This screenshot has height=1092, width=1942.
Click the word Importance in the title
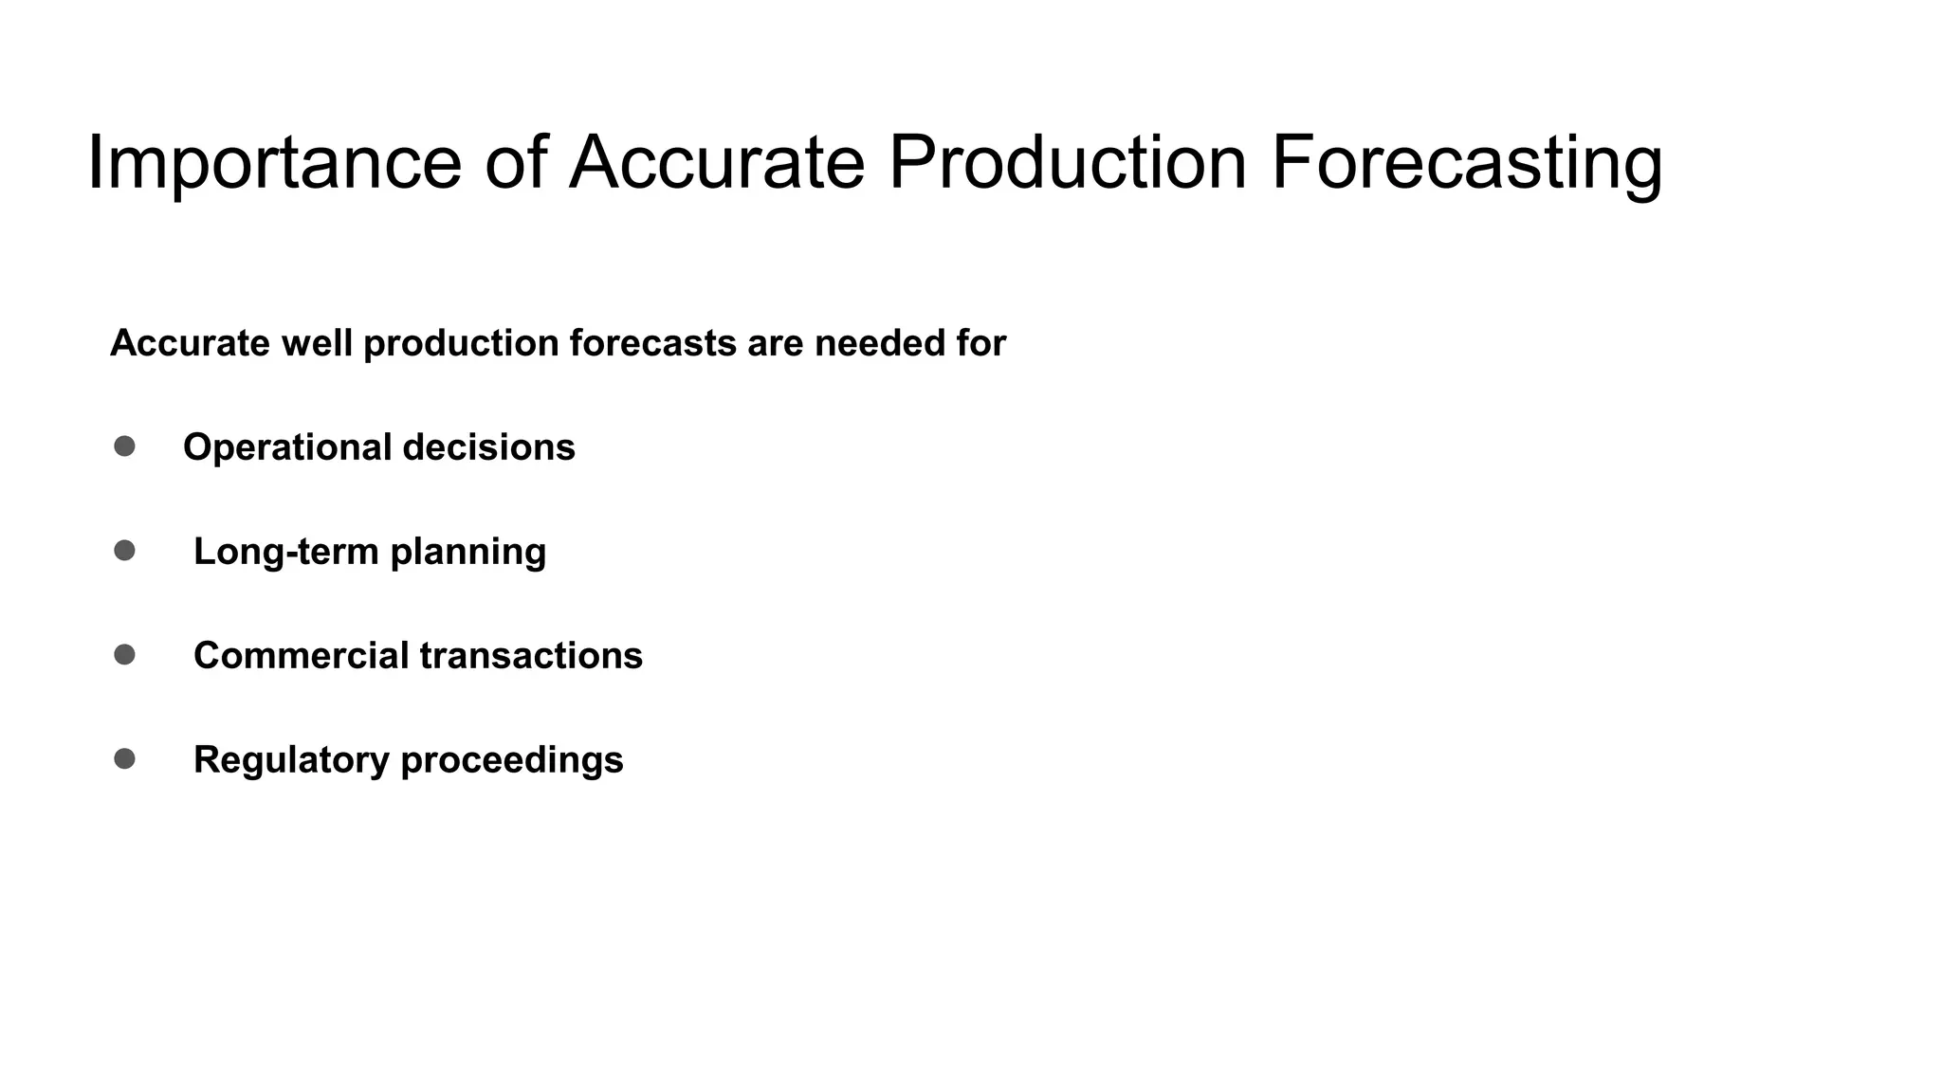coord(274,163)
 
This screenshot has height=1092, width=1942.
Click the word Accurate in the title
coord(717,163)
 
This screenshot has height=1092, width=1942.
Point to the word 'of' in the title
coord(516,163)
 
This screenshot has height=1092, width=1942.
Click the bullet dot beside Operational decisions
coord(124,446)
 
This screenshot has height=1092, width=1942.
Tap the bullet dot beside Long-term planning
coord(124,551)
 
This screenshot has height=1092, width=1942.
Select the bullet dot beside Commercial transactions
coord(124,655)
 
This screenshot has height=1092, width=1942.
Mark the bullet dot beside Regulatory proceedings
coord(124,759)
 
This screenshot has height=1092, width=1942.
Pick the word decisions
coord(488,448)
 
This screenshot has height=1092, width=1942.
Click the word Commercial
coord(301,656)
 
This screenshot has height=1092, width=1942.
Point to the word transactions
coord(531,656)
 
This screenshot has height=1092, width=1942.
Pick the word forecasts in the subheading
coord(652,343)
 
